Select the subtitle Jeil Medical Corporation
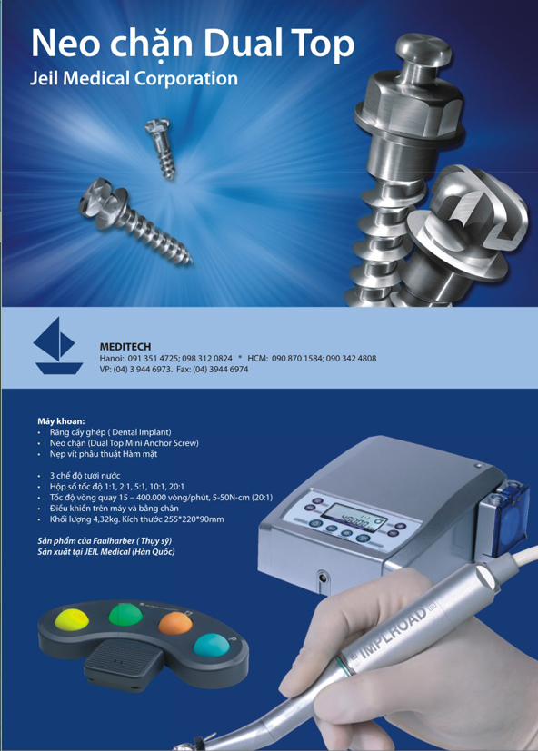[134, 78]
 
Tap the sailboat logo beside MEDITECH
[57, 345]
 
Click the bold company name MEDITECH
[125, 347]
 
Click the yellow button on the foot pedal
[72, 619]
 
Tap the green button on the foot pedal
[125, 615]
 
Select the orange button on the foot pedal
[175, 624]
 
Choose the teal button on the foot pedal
[212, 645]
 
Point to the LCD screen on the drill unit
[354, 517]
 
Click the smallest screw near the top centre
[161, 148]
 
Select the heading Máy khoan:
[61, 421]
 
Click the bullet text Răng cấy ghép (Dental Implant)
[110, 432]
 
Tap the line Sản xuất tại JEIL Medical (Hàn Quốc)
[106, 552]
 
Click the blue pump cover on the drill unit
[512, 508]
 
